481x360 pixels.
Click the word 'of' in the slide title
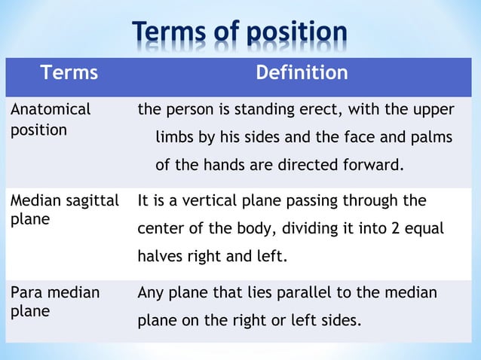(224, 33)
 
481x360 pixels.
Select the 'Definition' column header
(302, 73)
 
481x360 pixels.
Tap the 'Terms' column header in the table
(69, 73)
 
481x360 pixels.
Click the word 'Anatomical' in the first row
(50, 109)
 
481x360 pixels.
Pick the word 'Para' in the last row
(26, 292)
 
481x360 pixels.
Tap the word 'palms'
(430, 138)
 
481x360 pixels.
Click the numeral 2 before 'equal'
(394, 229)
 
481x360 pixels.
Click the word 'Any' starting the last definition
(150, 292)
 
